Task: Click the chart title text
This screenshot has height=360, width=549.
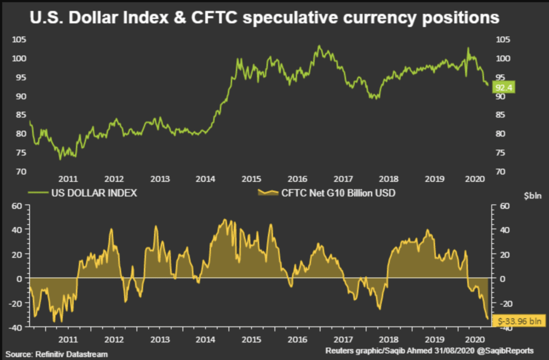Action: tap(265, 18)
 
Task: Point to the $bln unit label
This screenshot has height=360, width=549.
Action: tap(533, 196)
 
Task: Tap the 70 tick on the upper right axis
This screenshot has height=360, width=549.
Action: tap(500, 172)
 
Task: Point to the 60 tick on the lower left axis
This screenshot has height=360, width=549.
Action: tap(18, 206)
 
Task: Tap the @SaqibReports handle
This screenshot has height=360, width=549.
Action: tap(507, 351)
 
